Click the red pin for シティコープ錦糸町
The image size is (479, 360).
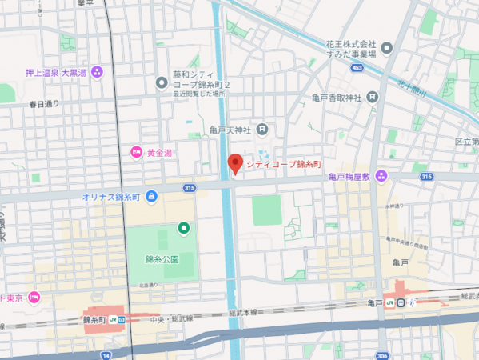[234, 163]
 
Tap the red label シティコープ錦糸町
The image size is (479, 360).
[283, 164]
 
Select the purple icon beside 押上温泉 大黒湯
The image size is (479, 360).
[97, 72]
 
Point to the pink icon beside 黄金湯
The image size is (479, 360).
[136, 152]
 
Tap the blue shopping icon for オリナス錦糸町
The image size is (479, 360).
[151, 196]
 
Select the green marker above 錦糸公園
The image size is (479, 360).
[183, 229]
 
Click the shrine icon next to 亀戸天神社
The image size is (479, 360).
[262, 130]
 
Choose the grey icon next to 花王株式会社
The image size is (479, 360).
[387, 49]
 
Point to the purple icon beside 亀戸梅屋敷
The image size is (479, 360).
[381, 176]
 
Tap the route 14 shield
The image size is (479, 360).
[106, 354]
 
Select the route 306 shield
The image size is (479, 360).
[381, 354]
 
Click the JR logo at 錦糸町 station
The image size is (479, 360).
[113, 319]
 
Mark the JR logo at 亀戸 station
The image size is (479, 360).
[389, 302]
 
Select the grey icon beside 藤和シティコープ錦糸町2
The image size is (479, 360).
[162, 82]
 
